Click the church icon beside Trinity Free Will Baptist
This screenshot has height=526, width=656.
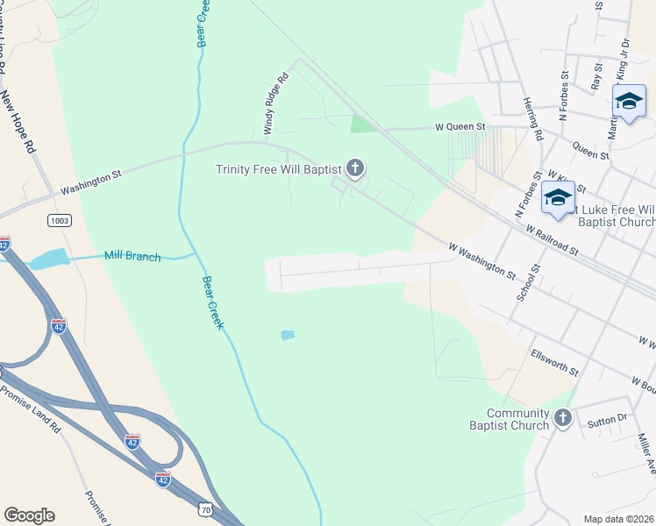(x=355, y=167)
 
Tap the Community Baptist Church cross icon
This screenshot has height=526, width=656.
(x=562, y=418)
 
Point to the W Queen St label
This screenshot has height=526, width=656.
(x=460, y=127)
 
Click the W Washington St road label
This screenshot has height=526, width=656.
(x=481, y=262)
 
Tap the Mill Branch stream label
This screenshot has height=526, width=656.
(x=132, y=256)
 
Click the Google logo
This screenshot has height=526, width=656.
(x=29, y=515)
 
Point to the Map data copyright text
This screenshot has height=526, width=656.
(x=618, y=519)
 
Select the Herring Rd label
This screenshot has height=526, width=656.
(x=532, y=117)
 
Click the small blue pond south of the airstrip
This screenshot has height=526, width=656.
(x=287, y=335)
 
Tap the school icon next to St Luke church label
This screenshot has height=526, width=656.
(x=558, y=197)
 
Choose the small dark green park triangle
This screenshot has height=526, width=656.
(x=361, y=124)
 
